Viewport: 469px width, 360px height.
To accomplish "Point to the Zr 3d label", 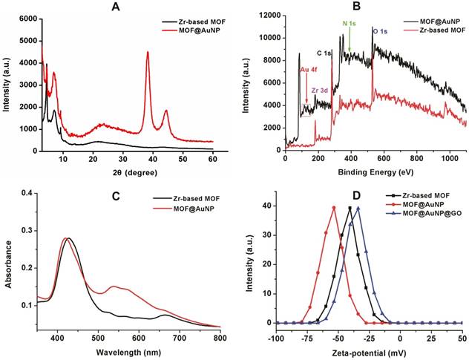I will [321, 91].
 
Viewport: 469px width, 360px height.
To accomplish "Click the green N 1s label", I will [349, 23].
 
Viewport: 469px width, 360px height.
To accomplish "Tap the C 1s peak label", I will [324, 53].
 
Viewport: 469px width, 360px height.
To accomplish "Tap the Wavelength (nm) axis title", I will [128, 351].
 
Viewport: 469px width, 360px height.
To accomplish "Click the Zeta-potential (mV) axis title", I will [371, 351].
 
